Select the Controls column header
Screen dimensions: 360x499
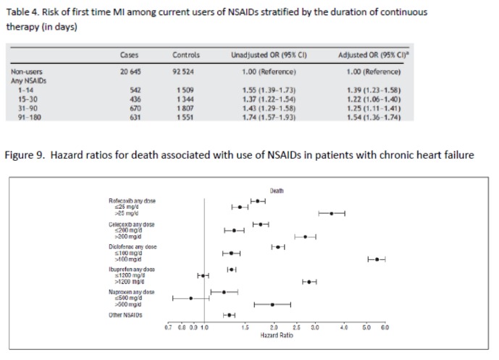[186, 54]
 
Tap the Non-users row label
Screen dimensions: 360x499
[25, 72]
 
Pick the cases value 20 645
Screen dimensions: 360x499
[129, 72]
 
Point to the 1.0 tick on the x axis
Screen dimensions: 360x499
[204, 327]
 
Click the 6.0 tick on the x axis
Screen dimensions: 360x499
[385, 327]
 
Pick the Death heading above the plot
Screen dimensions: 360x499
[276, 191]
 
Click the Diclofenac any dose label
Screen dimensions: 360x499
[132, 246]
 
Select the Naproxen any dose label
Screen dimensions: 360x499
[132, 292]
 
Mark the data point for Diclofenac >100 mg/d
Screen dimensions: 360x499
[377, 259]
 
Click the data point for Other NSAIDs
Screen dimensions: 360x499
[229, 315]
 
